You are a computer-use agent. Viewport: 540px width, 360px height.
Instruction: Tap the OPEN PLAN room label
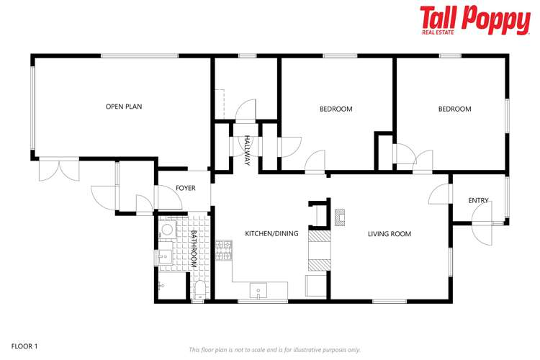[x=124, y=107]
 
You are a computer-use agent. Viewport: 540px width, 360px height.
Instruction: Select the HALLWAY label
[x=247, y=150]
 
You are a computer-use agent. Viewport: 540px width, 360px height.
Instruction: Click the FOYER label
[x=185, y=188]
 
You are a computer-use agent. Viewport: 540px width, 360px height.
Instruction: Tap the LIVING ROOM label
[x=389, y=233]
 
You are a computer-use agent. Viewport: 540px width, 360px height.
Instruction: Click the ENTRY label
[x=478, y=200]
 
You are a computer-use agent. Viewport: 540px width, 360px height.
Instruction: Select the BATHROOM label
[x=193, y=249]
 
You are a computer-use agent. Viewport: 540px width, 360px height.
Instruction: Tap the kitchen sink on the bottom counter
[x=258, y=292]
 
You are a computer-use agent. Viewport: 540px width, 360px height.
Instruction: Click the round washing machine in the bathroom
[x=167, y=230]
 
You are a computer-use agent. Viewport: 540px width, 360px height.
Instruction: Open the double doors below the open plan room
[x=58, y=170]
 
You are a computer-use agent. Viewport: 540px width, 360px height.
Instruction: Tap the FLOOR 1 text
[x=24, y=346]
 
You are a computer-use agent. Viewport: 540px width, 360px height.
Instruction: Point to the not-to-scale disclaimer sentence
[x=274, y=350]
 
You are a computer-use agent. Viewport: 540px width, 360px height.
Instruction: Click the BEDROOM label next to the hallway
[x=336, y=109]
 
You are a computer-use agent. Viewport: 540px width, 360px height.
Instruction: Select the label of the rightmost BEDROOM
[x=454, y=109]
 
